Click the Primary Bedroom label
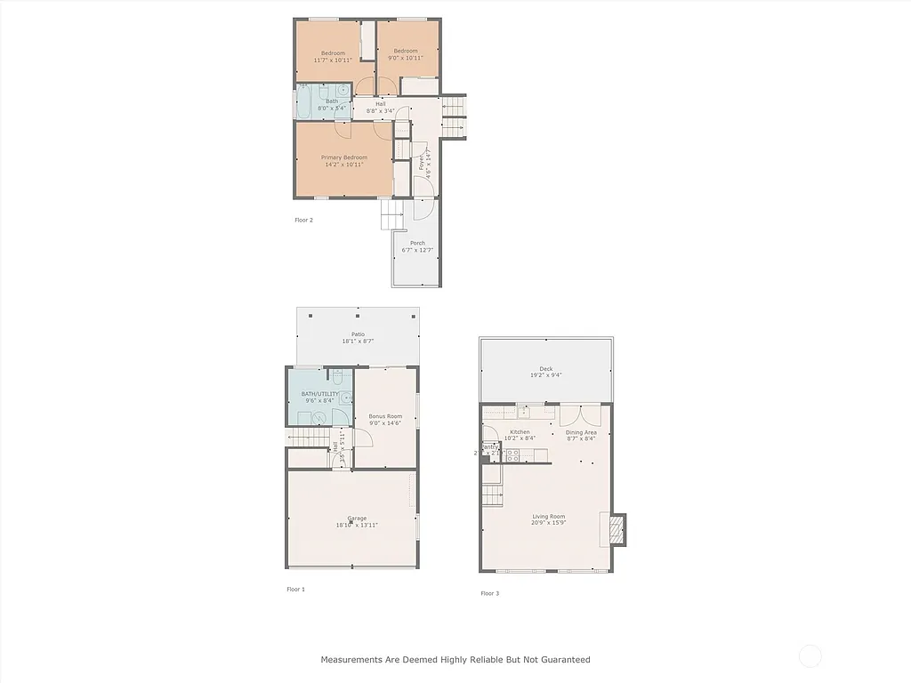tap(343, 157)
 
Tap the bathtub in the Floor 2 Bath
tap(304, 102)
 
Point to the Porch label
tap(417, 243)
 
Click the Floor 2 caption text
tap(303, 220)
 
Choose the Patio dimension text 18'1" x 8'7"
tap(358, 341)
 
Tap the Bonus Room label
tap(385, 416)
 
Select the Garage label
tap(357, 518)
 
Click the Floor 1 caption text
tap(295, 590)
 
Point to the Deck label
tap(545, 369)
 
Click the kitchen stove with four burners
tap(512, 455)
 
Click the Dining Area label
tap(581, 432)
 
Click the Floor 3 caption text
tap(489, 593)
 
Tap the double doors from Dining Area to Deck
tap(579, 415)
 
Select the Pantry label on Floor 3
tap(489, 446)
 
